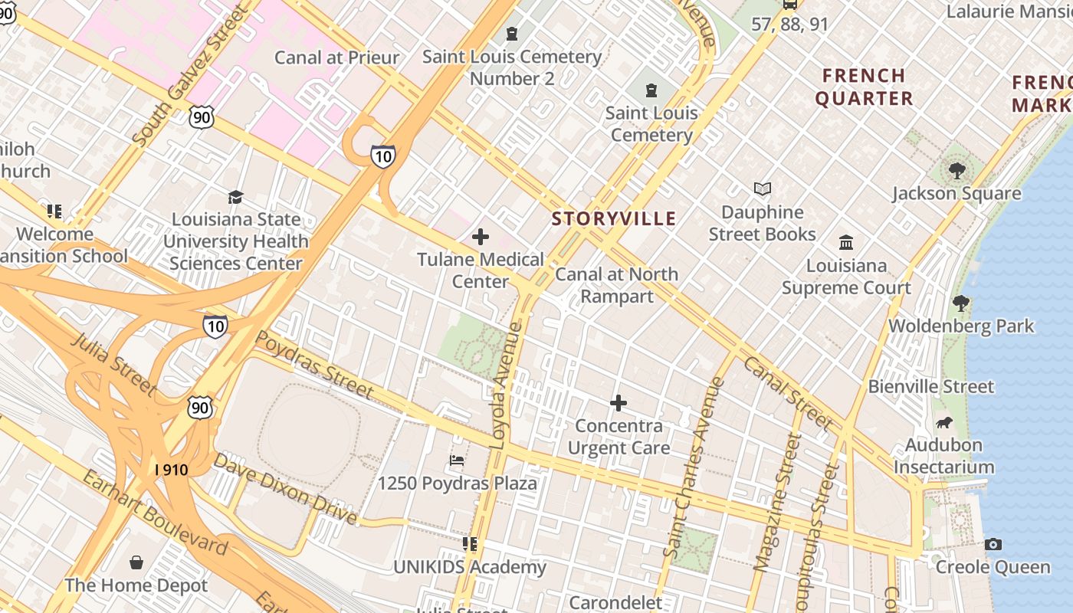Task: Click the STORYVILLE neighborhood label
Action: click(614, 218)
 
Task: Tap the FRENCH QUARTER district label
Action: click(864, 87)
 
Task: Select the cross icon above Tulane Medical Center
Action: click(481, 237)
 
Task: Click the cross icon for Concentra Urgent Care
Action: click(619, 403)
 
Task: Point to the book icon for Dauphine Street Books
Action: click(762, 188)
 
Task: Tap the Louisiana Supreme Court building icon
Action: click(846, 242)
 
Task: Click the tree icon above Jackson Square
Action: click(957, 170)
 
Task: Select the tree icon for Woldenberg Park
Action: click(960, 303)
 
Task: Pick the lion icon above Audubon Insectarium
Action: click(944, 422)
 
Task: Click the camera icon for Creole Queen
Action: click(993, 544)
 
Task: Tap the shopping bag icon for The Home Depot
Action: click(136, 562)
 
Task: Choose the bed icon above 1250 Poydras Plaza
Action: click(457, 461)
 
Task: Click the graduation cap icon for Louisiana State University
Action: click(235, 197)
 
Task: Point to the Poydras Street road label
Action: click(313, 365)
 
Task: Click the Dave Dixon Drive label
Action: click(285, 490)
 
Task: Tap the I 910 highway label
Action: click(171, 469)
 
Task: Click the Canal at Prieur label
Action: click(336, 57)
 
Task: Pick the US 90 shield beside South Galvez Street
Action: click(201, 117)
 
